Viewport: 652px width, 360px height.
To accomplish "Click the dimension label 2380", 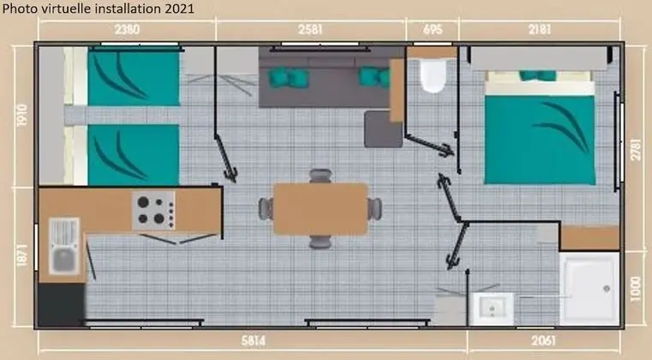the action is click(128, 29).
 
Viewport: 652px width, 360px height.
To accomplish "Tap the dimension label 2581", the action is click(310, 29).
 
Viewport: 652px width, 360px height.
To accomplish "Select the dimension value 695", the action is click(433, 29).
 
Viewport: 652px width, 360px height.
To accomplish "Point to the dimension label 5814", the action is click(254, 341).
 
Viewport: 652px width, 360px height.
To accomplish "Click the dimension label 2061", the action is click(543, 341).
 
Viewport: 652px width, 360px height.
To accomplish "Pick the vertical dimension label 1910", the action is click(22, 115).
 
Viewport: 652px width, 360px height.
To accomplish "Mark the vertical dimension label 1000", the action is click(636, 289).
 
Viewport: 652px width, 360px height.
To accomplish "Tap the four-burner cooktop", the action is click(154, 210).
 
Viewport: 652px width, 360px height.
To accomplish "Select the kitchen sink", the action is click(64, 246).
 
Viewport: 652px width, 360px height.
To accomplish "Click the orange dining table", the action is click(320, 209).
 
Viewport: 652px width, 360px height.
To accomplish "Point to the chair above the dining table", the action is click(320, 176).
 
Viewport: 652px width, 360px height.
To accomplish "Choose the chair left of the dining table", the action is click(266, 209).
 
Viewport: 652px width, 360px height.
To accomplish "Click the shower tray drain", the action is click(607, 288).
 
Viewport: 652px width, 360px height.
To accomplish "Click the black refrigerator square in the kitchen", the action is click(62, 304).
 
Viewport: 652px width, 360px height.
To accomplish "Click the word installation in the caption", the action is click(129, 9).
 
